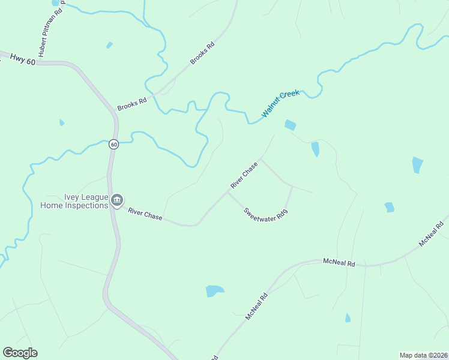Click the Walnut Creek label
280,104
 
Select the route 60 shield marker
113,145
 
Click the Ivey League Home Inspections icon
117,200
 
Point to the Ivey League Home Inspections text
74,201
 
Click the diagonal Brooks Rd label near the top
202,53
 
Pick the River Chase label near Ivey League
145,214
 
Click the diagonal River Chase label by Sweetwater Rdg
244,175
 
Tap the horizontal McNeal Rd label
339,263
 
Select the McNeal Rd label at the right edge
432,233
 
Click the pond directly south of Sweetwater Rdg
214,291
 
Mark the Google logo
20,353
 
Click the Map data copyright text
423,355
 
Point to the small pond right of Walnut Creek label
290,125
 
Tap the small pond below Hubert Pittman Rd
109,45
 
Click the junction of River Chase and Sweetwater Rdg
228,192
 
